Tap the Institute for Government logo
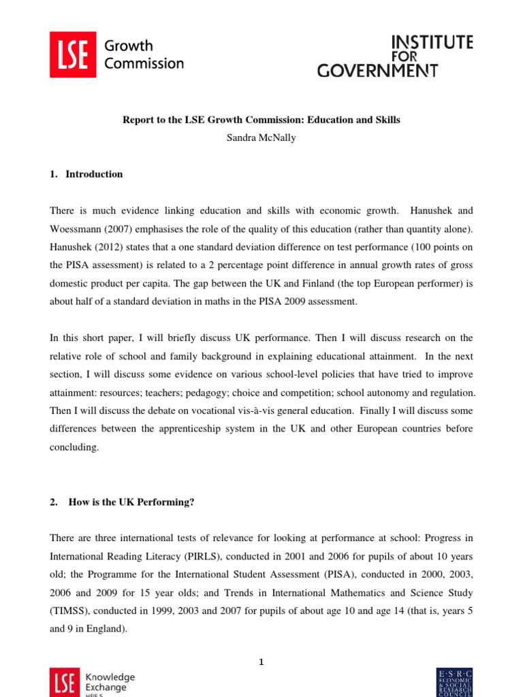coord(394,56)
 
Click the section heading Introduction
coord(94,174)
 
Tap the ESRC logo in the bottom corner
coord(454,683)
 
